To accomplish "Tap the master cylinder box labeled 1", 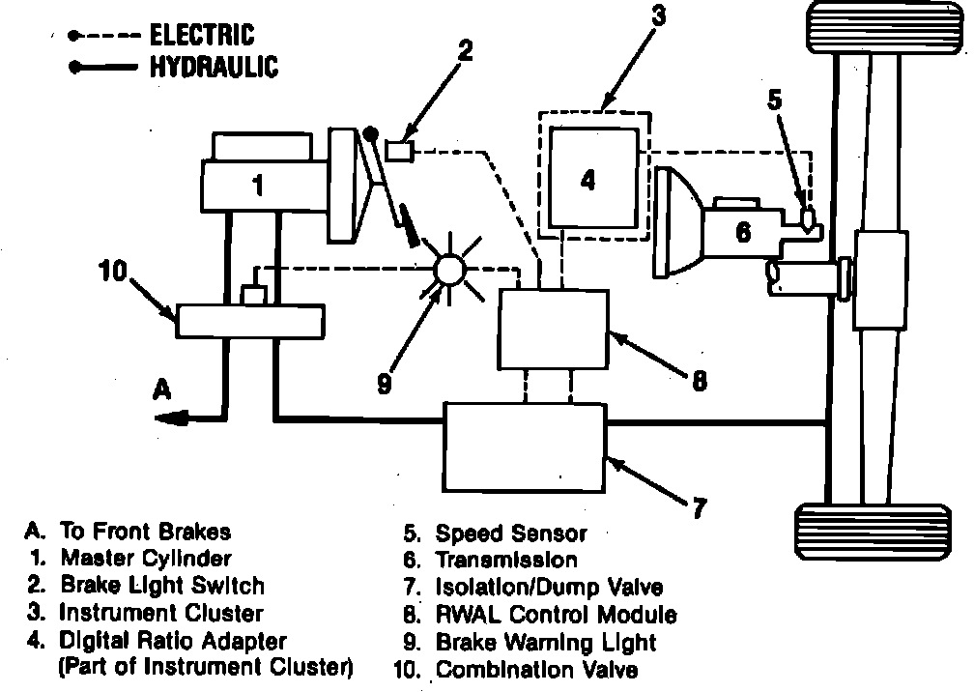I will click(256, 185).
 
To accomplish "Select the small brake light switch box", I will click(399, 150).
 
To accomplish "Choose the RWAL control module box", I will click(552, 330).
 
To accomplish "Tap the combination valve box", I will click(248, 320).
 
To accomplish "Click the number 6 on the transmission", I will click(742, 231).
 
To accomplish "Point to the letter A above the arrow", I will click(161, 388).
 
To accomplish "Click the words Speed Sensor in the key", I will click(510, 533).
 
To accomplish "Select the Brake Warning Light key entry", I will click(545, 642).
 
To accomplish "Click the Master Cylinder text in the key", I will click(145, 558).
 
